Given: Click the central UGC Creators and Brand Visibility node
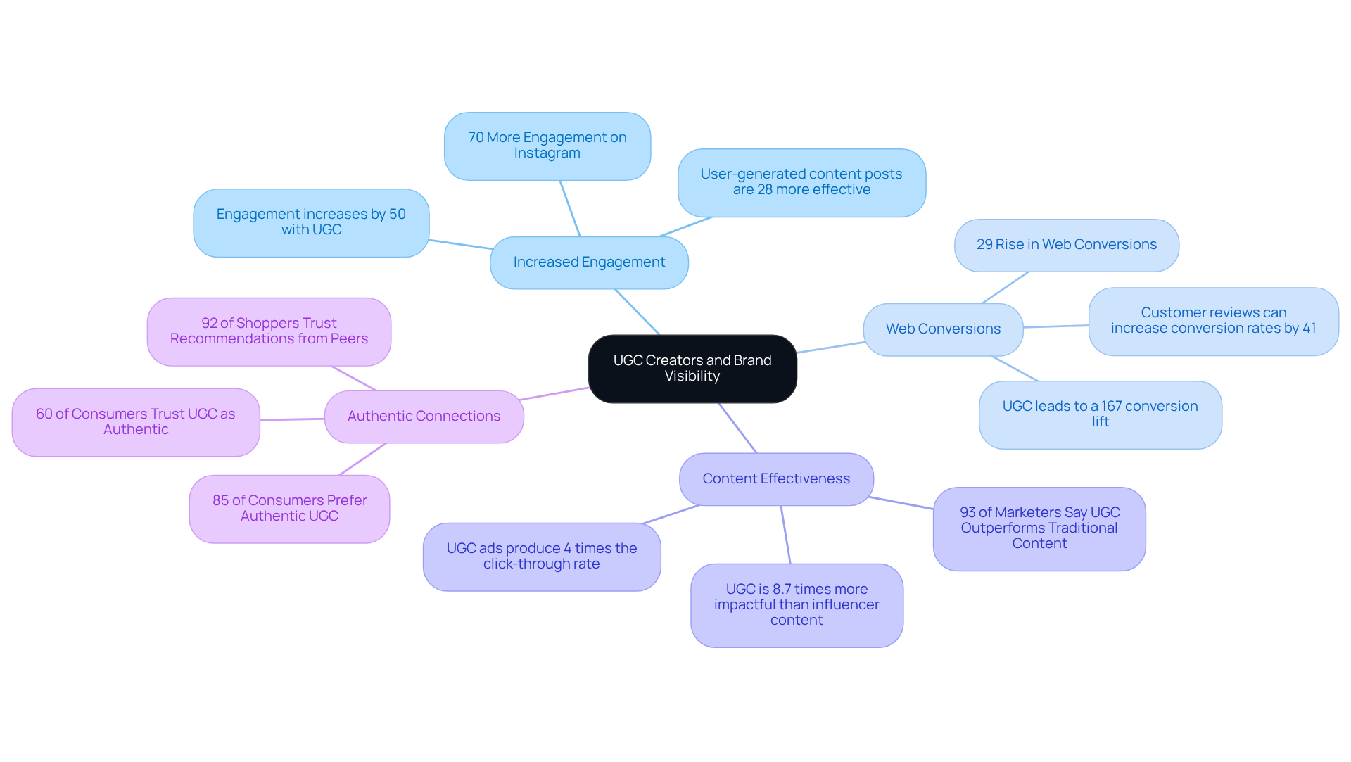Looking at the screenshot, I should point(692,368).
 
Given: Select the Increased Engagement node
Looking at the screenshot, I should point(589,262).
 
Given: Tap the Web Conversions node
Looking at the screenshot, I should point(943,329).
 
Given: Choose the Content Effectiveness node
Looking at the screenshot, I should point(776,479).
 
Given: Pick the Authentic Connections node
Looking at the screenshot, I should point(424,417).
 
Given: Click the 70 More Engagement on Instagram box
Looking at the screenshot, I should point(547,146).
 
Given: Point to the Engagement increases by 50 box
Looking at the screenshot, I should point(311,222).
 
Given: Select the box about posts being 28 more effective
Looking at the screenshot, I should point(801,182).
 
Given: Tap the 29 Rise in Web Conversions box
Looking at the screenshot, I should point(1066,245).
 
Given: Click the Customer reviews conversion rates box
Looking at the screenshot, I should point(1213,321).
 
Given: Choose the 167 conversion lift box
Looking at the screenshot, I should point(1100,414).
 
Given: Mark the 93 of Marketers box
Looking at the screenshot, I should point(1039,528).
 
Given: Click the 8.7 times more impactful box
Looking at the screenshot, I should point(797,604).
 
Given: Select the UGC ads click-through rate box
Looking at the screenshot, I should point(541,557).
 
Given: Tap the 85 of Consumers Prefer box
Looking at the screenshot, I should point(289,508).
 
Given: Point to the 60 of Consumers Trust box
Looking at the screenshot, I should point(136,422).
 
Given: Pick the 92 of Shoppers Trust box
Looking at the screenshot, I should point(269,331).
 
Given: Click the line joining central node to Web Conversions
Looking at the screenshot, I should point(830,348).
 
